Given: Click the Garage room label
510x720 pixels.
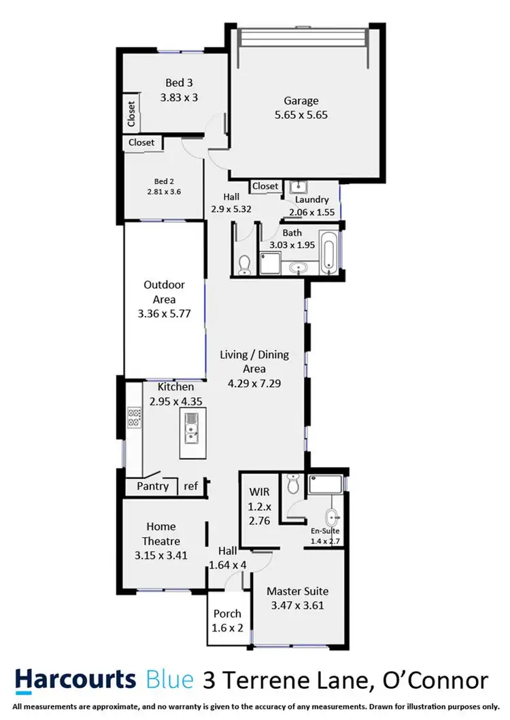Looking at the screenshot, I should (x=301, y=101).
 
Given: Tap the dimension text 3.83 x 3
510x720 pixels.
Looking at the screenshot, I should (x=179, y=97).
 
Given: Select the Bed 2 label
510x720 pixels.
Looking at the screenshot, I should (x=165, y=181).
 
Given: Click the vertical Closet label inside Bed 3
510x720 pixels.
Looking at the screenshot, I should (x=131, y=114).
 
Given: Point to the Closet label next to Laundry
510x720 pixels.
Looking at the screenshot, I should (x=265, y=186).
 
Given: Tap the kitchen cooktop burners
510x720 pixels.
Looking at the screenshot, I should (x=133, y=416).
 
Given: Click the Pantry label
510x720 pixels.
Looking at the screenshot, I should (x=152, y=486).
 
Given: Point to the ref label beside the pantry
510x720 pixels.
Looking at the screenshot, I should (x=191, y=486).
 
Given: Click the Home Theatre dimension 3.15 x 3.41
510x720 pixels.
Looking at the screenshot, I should (x=160, y=554).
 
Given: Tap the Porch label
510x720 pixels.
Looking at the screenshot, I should (x=228, y=614).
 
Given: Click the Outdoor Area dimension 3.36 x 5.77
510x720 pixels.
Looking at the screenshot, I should (x=164, y=314).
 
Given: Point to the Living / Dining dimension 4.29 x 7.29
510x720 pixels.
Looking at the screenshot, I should (x=254, y=383).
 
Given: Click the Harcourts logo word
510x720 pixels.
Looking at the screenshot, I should (x=75, y=679).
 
